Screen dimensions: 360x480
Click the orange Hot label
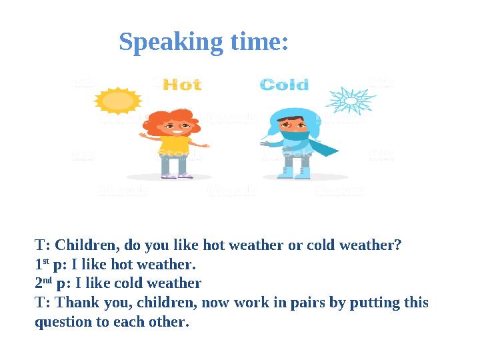click(x=182, y=85)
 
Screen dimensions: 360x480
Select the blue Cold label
click(x=285, y=85)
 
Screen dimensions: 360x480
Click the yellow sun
click(x=119, y=101)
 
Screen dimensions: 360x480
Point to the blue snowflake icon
click(x=349, y=101)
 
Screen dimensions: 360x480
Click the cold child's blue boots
click(x=293, y=173)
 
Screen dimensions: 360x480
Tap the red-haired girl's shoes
click(x=177, y=175)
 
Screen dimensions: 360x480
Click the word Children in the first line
click(x=83, y=245)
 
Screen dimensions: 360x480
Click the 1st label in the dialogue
click(x=40, y=264)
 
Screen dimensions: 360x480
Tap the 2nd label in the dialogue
click(x=41, y=283)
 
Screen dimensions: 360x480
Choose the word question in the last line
click(x=63, y=323)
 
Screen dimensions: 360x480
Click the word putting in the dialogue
click(x=373, y=303)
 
